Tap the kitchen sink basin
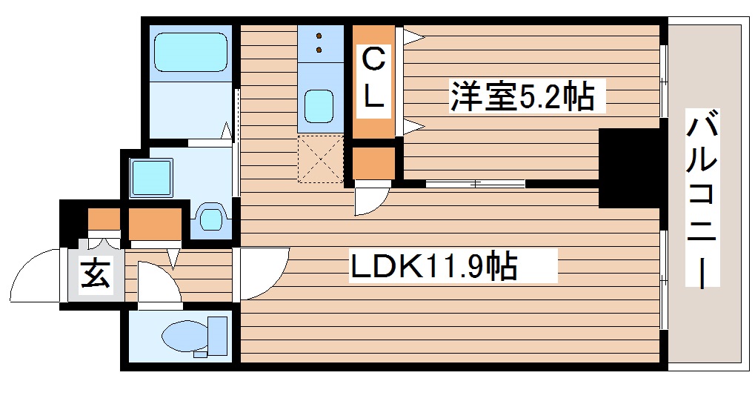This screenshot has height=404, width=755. coord(320,105)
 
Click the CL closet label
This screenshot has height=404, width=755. coord(375,78)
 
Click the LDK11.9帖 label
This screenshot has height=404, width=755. coord(434,266)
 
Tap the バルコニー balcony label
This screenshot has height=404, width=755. coord(703,200)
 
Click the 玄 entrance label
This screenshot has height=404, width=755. coord(96,276)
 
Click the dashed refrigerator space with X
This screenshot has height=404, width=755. coord(321,159)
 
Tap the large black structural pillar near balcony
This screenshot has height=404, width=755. coord(628,168)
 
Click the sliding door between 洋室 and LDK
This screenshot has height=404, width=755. coord(475,183)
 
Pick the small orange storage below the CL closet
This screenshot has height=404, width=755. coord(373,163)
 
